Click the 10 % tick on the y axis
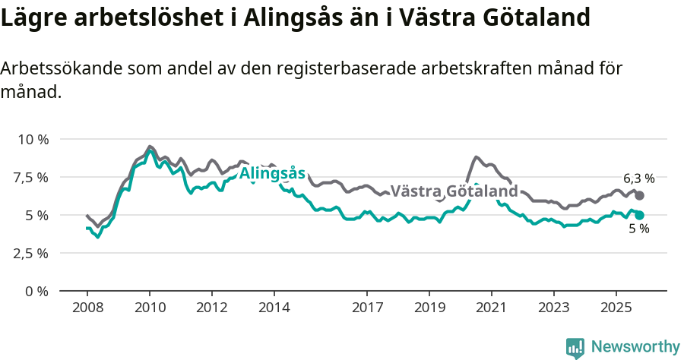33,139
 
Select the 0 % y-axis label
38,291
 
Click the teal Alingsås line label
272,174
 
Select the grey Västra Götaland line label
454,191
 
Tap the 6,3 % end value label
638,178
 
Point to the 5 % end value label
639,229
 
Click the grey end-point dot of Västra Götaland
639,196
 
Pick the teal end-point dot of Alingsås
639,215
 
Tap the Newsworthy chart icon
575,348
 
